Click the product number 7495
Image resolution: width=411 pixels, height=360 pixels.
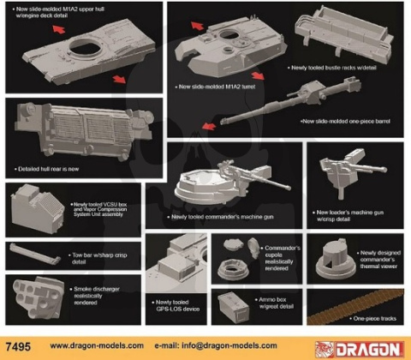18,346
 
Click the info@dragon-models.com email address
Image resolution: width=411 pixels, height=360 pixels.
225,346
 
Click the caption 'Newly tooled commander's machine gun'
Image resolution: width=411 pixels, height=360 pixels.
211,216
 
